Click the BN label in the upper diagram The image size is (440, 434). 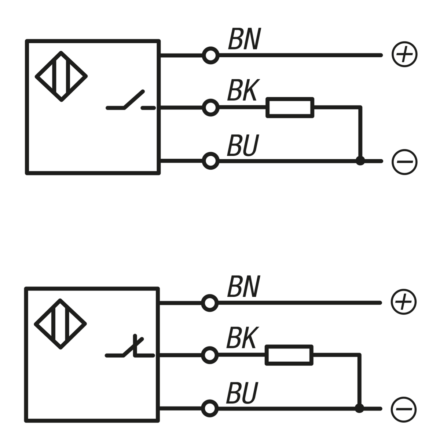click(244, 40)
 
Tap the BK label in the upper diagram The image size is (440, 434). click(242, 91)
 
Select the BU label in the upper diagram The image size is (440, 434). click(243, 145)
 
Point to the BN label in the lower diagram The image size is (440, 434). click(243, 287)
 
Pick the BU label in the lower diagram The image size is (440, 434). click(242, 393)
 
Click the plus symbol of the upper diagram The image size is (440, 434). click(404, 55)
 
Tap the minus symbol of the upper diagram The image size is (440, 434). click(404, 161)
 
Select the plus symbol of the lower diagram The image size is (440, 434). click(404, 302)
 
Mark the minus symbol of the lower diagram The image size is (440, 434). click(404, 409)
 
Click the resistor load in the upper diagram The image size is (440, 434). click(290, 108)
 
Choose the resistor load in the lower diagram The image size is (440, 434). click(289, 355)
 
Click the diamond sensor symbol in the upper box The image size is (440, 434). click(61, 76)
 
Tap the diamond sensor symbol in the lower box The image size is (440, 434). click(60, 324)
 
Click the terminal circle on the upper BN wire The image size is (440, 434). click(211, 55)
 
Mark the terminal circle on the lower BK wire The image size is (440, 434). click(210, 355)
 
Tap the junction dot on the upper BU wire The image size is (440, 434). click(360, 161)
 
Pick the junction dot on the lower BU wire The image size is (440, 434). click(360, 408)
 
